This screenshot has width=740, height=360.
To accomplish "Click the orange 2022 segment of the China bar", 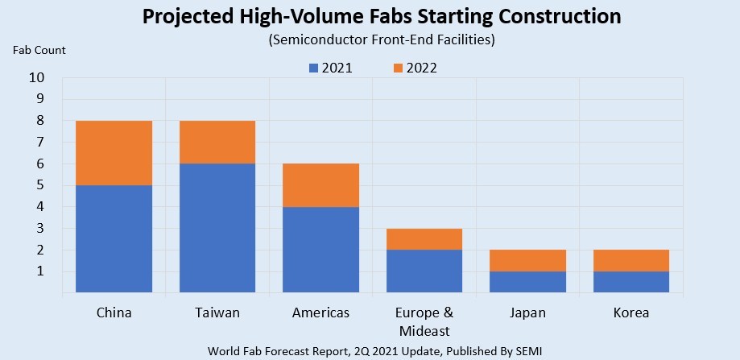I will pyautogui.click(x=114, y=153).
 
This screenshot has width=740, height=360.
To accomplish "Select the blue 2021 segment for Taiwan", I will pyautogui.click(x=217, y=227).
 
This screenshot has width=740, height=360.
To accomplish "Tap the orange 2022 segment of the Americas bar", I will pyautogui.click(x=320, y=185).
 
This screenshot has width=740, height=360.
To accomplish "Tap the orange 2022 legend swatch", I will pyautogui.click(x=398, y=68).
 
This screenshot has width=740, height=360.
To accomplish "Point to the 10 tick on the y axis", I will pyautogui.click(x=36, y=78).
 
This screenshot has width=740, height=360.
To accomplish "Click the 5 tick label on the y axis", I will pyautogui.click(x=39, y=185).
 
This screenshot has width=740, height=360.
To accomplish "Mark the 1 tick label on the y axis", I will pyautogui.click(x=39, y=271).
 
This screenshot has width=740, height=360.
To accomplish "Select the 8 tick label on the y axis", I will pyautogui.click(x=39, y=121).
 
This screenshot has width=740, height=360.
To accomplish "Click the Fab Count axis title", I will pyautogui.click(x=39, y=50).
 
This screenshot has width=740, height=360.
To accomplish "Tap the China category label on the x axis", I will pyautogui.click(x=114, y=312).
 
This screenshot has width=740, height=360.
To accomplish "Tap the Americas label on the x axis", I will pyautogui.click(x=320, y=312).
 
